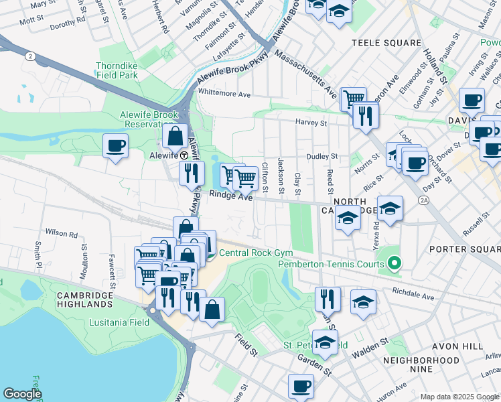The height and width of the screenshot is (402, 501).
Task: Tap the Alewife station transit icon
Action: coord(184,153)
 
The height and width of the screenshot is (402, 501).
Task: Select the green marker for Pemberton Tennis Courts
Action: coord(395,263)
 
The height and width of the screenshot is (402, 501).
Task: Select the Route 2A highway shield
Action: coord(423,200)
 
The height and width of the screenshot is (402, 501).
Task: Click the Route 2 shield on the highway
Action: coord(29,56)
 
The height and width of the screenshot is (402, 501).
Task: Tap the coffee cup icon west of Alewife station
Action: coord(115,145)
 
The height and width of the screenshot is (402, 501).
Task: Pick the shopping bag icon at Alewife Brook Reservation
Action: coord(175,136)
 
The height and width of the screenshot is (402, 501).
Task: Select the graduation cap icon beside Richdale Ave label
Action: coord(363,302)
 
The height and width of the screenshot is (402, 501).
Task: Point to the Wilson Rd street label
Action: coord(62,234)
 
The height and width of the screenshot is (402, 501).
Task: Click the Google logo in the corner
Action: coord(22,394)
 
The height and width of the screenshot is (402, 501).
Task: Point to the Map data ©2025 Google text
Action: coord(459,397)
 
